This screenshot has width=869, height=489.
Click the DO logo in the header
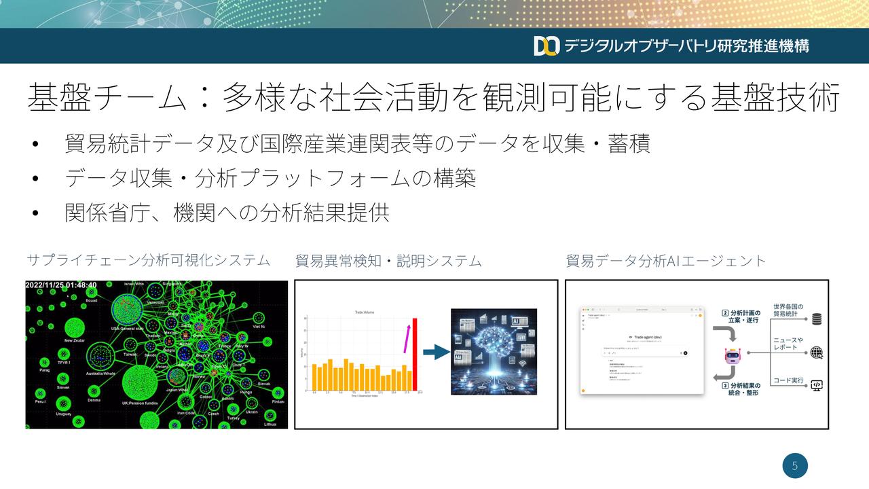pos(546,46)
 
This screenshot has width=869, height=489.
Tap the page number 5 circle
pos(795,466)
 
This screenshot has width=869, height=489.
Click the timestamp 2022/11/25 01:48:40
pos(61,285)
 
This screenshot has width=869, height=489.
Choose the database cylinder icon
pos(817,319)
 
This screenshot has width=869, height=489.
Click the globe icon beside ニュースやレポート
pos(817,352)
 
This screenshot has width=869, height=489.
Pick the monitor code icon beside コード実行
pos(817,385)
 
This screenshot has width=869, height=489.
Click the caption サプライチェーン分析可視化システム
pos(148,260)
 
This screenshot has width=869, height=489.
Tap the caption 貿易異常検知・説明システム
pos(388,260)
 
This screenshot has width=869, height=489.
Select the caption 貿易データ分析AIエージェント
pos(665,260)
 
